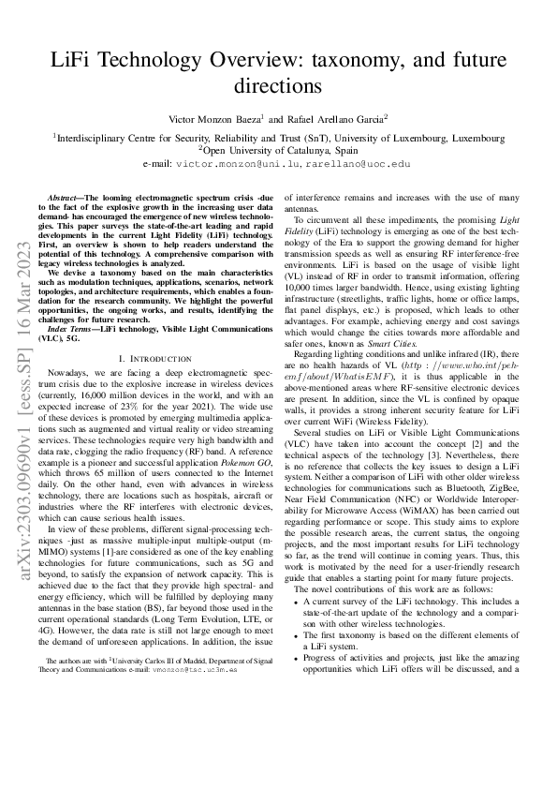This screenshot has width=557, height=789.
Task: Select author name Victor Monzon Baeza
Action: pyautogui.click(x=214, y=121)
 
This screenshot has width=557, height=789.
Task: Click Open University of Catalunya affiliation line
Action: pyautogui.click(x=278, y=149)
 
